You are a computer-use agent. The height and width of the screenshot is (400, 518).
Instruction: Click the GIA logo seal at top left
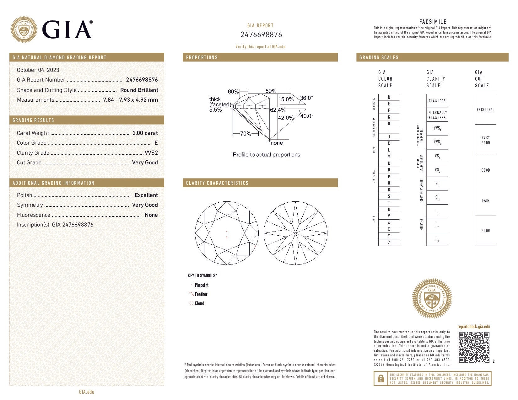pos(24,29)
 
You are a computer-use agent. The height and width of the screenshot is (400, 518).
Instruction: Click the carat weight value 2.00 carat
pos(145,133)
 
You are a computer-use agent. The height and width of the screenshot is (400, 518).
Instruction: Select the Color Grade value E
pos(156,143)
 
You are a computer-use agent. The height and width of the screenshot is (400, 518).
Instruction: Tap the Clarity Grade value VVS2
pos(151,153)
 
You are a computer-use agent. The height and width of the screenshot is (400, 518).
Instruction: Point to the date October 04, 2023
pos(38,70)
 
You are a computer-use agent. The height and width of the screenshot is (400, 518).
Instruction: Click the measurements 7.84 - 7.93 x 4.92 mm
pos(130,100)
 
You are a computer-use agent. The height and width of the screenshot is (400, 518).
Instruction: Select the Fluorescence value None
pos(151,215)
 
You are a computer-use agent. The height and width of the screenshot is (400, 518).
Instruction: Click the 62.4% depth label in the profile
pos(278,110)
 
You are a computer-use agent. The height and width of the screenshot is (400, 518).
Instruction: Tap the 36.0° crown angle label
pos(306,98)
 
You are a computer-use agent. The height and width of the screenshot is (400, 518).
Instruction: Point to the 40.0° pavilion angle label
pos(306,116)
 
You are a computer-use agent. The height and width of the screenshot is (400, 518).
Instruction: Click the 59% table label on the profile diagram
pos(271,91)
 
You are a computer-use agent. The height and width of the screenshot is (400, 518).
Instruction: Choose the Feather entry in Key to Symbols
pos(201,294)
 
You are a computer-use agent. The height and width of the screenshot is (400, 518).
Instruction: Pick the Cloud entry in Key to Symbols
pos(199,303)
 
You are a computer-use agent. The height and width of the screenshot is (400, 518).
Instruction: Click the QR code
pos(474,347)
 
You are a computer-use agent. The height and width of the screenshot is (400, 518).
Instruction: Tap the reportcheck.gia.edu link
pos(473,327)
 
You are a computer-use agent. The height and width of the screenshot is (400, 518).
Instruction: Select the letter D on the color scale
pos(389,97)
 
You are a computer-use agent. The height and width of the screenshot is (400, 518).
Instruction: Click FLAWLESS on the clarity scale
pos(437,101)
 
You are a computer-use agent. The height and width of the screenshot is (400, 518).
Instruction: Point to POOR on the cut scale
pos(485,231)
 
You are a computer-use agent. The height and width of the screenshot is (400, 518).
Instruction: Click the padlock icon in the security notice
pos(380,379)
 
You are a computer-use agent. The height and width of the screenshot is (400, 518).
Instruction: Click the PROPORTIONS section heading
pos(202,57)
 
